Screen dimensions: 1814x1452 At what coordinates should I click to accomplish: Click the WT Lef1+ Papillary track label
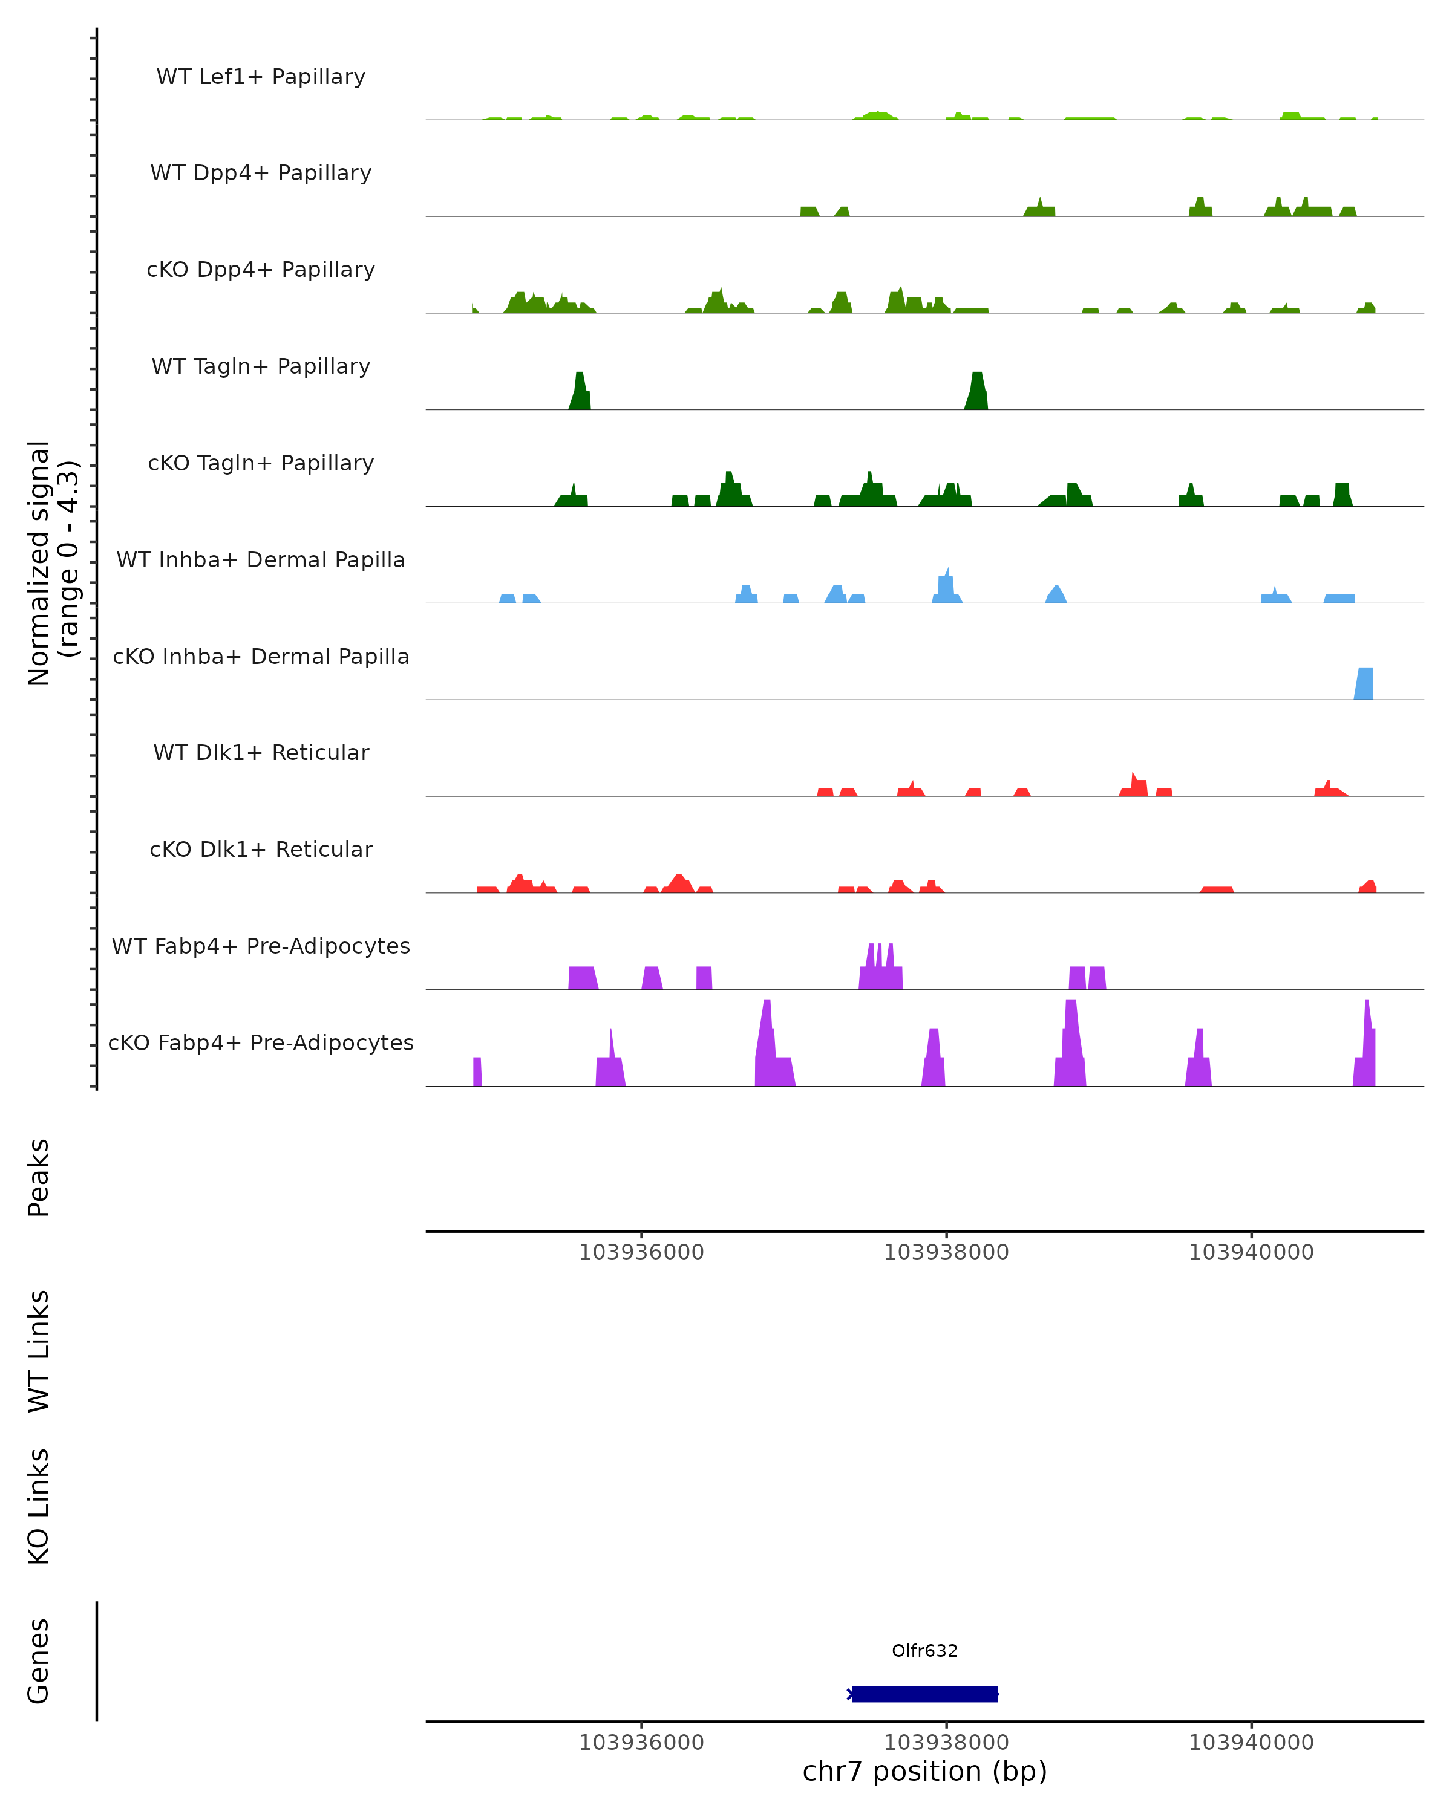[261, 77]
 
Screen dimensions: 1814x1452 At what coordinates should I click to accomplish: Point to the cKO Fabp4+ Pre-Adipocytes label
[261, 1042]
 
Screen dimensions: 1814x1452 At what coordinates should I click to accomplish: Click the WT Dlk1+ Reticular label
[261, 752]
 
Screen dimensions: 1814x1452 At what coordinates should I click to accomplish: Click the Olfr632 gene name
[924, 1650]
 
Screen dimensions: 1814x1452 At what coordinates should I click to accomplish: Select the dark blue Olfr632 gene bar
[924, 1694]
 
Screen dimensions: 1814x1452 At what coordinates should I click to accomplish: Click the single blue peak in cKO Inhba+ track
[1364, 684]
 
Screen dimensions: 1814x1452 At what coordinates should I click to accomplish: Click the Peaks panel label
[39, 1177]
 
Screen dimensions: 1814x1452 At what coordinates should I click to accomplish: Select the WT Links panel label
[39, 1350]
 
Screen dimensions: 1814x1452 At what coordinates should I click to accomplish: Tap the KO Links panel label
[39, 1506]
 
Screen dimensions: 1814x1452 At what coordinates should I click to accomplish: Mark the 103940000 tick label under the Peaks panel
[1251, 1252]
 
